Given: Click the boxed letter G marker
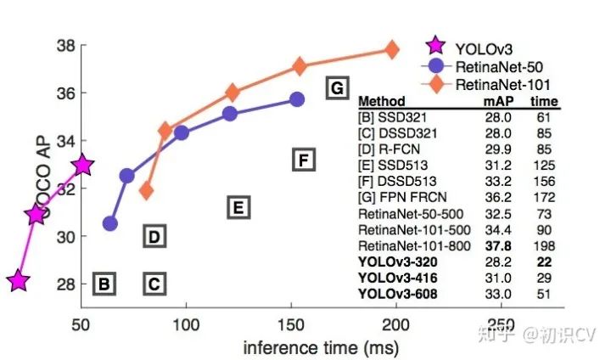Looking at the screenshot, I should point(337,87).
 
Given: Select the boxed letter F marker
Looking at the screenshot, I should point(304,159).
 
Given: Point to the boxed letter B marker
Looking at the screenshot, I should point(104,284).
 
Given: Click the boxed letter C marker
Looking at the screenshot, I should point(154,284).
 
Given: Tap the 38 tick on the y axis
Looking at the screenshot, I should point(65,45).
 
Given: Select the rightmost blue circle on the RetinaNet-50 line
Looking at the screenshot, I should point(297,99).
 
